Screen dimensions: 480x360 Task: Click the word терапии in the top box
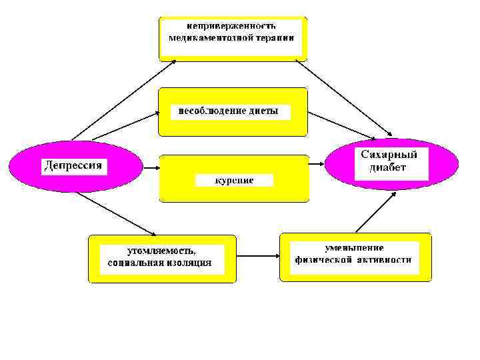point(274,38)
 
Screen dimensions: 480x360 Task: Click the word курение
point(234,181)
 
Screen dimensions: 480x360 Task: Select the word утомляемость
point(162,251)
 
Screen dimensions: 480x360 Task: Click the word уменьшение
point(355,247)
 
